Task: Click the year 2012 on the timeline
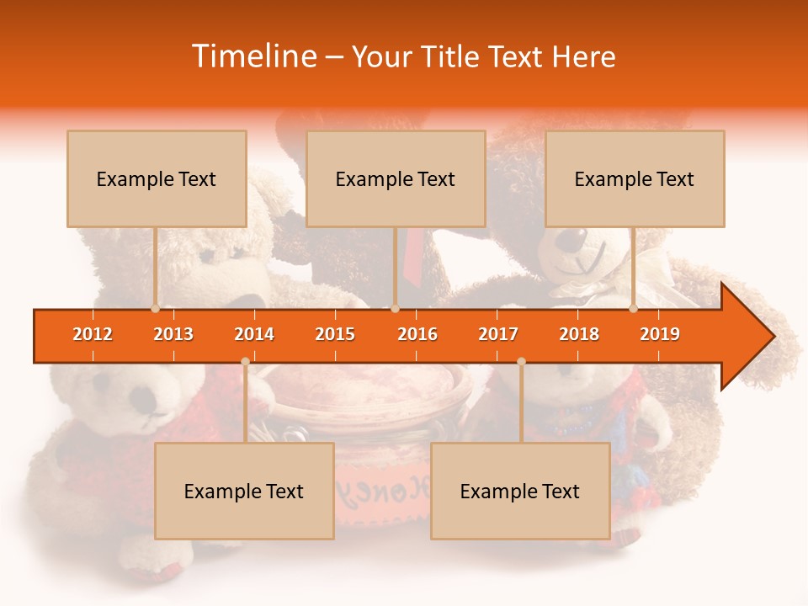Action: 93,334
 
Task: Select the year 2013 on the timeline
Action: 173,334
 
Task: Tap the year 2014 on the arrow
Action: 254,334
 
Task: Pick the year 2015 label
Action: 335,334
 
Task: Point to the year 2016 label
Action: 417,334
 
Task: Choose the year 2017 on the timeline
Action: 498,334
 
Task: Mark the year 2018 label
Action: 579,334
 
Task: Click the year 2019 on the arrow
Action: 660,334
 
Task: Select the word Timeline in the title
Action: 252,56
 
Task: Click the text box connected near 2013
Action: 157,179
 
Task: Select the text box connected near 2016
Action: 396,179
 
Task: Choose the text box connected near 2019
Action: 635,179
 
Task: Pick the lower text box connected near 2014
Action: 244,492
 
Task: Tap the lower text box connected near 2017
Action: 520,492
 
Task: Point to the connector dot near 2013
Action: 156,309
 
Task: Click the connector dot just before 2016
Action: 395,309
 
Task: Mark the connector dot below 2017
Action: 521,362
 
